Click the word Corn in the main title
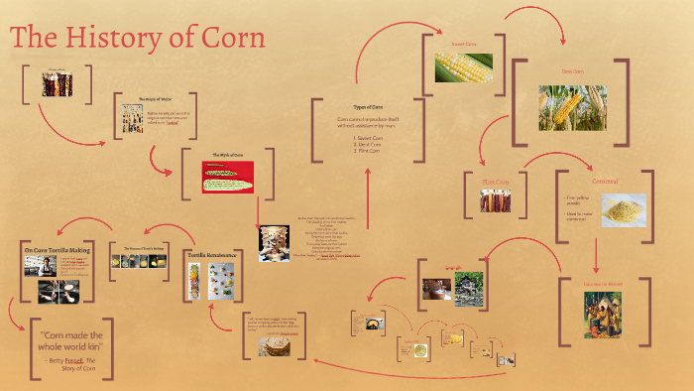click(x=231, y=39)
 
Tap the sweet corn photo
click(x=463, y=67)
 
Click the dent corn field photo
click(x=572, y=108)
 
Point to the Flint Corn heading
click(x=495, y=182)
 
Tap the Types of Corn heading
click(x=367, y=106)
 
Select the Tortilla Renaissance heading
click(x=212, y=255)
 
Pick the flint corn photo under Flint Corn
click(x=495, y=201)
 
